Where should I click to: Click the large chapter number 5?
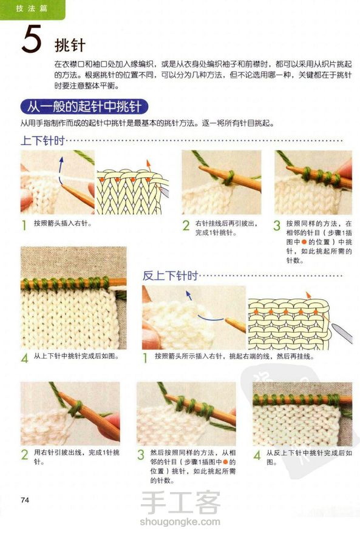point(32,39)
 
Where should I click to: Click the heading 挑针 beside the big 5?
point(70,46)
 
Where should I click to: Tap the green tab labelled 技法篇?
point(32,9)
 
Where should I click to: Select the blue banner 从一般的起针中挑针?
point(84,107)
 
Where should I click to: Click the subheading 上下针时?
point(42,140)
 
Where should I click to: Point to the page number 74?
point(25,500)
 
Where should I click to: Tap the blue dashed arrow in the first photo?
point(60,171)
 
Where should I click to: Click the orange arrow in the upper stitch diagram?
point(148,165)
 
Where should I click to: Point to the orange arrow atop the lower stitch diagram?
point(308,296)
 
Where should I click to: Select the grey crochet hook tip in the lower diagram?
point(342,333)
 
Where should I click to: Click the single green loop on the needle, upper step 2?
point(229,177)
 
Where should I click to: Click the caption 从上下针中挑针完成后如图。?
point(76,356)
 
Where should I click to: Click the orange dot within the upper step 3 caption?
point(304,242)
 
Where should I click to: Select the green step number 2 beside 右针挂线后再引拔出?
point(186,226)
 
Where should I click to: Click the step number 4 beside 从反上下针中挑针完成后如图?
point(257,455)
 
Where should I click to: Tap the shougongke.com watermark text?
point(180,521)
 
